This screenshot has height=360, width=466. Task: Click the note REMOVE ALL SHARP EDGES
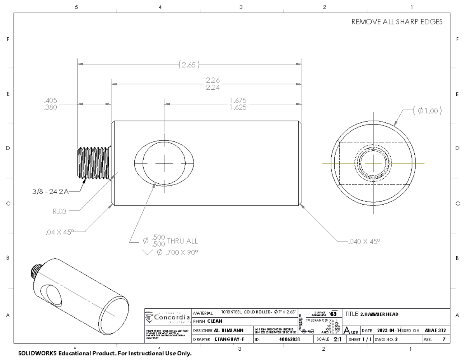pyautogui.click(x=397, y=22)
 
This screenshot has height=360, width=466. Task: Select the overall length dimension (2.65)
pyautogui.click(x=189, y=65)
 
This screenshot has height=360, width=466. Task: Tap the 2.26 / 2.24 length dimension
pyautogui.click(x=213, y=84)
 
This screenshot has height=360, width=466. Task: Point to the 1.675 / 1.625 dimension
pyautogui.click(x=238, y=104)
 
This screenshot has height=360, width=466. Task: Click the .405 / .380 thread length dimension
pyautogui.click(x=51, y=104)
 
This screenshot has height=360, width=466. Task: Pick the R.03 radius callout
pyautogui.click(x=60, y=212)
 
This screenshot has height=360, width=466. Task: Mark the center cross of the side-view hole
pyautogui.click(x=164, y=163)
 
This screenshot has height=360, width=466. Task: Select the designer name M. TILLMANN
pyautogui.click(x=229, y=330)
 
